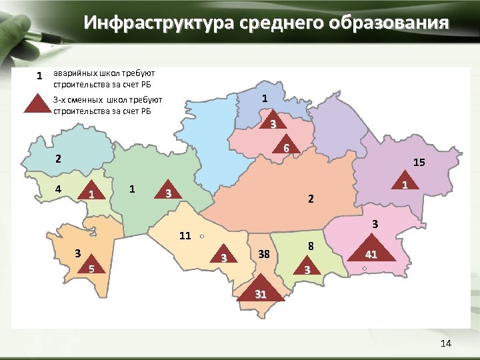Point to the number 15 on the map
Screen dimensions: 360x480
[419, 162]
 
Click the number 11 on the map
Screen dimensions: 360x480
[185, 235]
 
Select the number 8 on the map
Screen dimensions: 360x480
[311, 246]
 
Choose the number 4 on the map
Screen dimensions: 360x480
[59, 188]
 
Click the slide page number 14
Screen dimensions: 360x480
[446, 343]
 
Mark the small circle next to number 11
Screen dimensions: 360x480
[201, 236]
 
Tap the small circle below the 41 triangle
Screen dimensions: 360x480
[365, 268]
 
